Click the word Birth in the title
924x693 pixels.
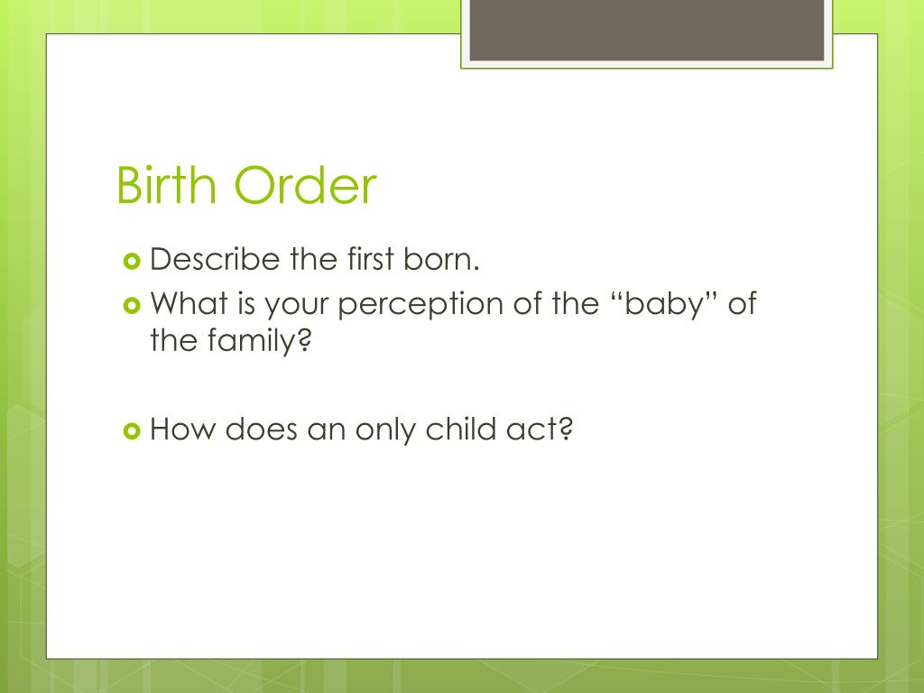click(168, 187)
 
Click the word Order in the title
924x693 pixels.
click(305, 187)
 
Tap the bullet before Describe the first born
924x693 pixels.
click(131, 262)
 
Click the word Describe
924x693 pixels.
click(216, 261)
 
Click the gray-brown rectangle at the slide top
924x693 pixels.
click(647, 30)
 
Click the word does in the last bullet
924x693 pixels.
click(261, 430)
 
